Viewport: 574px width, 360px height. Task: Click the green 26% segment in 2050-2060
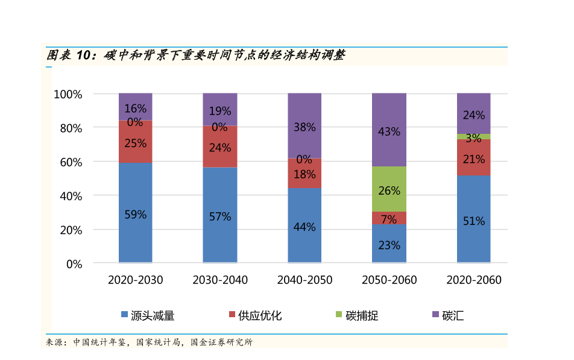coord(389,189)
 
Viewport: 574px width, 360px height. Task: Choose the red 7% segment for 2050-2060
coord(389,218)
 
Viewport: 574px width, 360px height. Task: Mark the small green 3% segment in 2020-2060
coord(473,137)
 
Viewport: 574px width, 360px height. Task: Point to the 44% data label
coord(304,227)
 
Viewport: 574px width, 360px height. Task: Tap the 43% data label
coord(389,131)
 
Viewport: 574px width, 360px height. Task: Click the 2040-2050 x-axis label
coord(304,280)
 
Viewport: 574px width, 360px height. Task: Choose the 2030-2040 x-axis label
coord(219,280)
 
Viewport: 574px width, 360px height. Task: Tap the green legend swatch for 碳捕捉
coord(339,315)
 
